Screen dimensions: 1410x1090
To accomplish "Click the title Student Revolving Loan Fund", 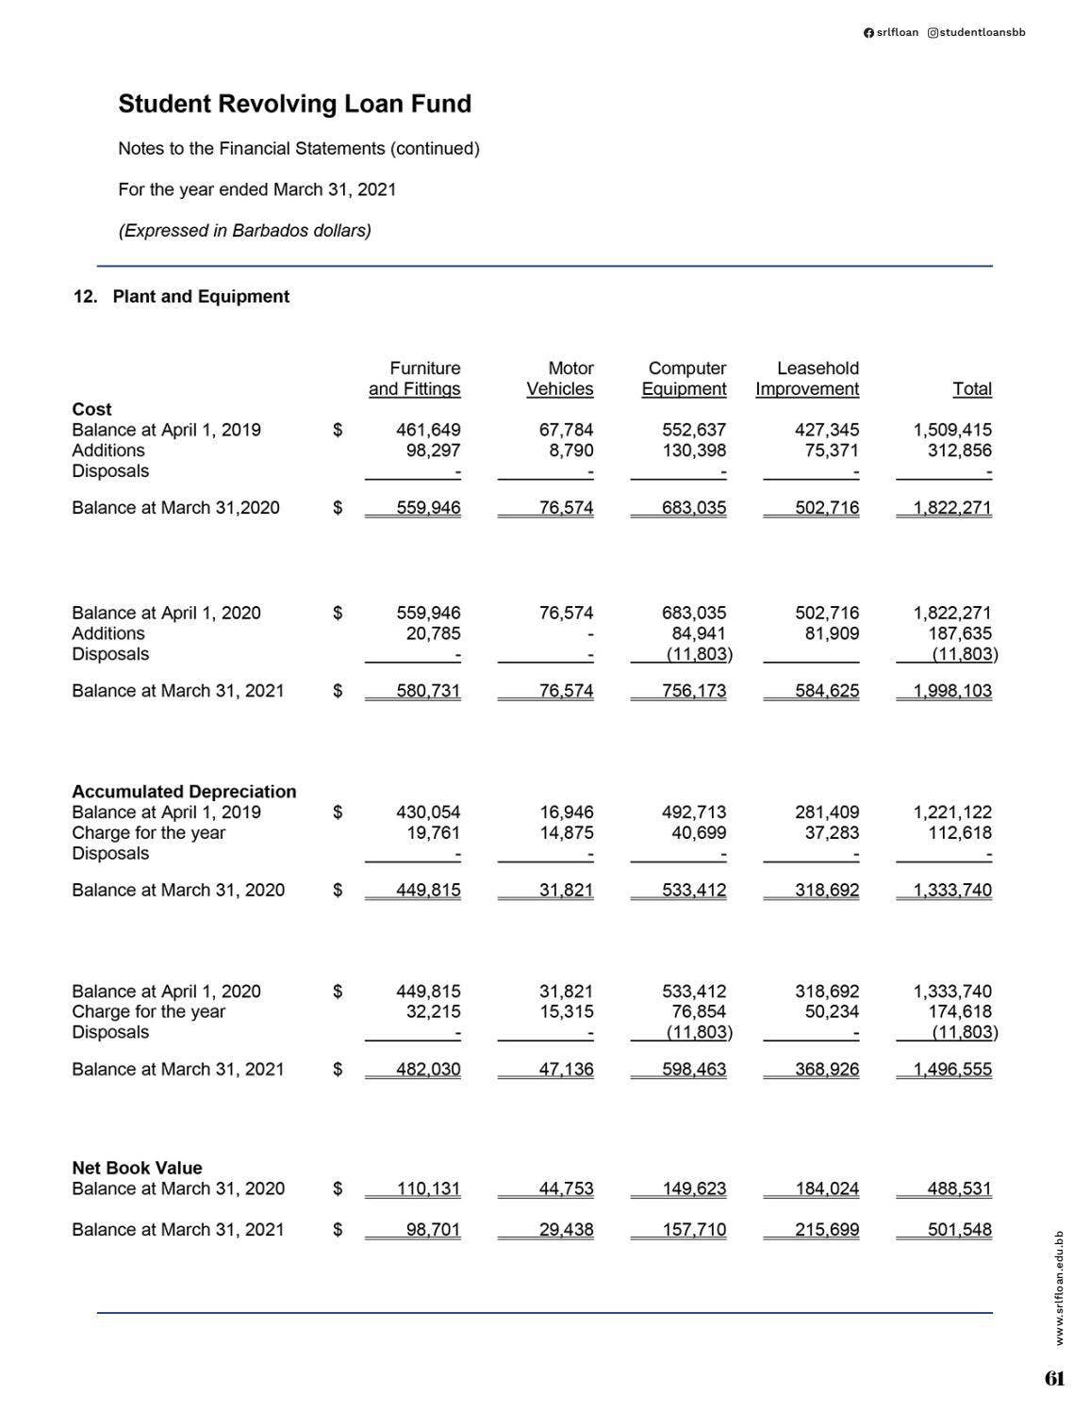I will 294,104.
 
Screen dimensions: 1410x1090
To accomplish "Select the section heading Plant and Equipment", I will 200,296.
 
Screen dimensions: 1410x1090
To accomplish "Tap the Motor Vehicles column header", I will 560,379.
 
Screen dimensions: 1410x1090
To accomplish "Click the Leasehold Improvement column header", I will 807,379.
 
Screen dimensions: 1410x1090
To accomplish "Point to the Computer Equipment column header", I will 685,379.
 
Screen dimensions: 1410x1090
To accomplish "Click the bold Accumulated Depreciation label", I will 184,792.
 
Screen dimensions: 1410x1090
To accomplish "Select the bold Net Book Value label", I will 137,1168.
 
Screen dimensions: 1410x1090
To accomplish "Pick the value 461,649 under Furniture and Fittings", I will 428,430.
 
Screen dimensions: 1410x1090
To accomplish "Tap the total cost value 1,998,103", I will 952,691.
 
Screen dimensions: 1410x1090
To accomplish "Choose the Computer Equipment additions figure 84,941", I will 699,633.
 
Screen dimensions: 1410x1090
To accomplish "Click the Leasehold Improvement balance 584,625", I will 827,691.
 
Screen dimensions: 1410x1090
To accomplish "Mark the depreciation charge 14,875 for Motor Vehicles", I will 566,833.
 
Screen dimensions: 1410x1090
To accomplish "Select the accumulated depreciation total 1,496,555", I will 952,1070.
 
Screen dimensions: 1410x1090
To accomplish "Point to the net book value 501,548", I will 959,1230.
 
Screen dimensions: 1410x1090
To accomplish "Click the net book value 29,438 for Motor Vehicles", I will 566,1230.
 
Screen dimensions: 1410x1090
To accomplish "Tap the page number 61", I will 1054,1379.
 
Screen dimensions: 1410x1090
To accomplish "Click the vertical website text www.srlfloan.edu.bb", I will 1059,1287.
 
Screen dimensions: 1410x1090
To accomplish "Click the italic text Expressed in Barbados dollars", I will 244,231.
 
